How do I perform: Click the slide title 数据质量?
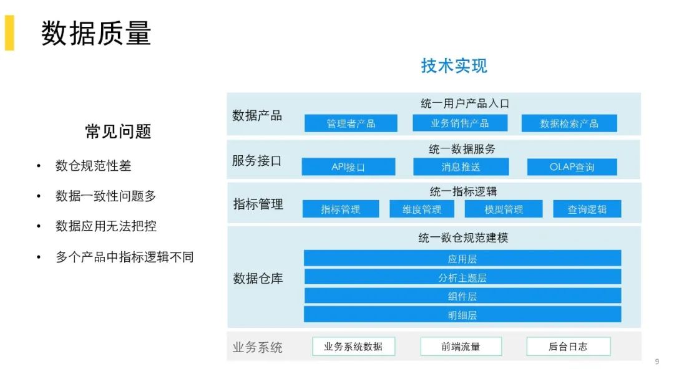(x=96, y=33)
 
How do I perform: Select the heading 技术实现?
(x=454, y=65)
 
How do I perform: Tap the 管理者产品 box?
(x=351, y=123)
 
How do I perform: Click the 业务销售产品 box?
(x=459, y=123)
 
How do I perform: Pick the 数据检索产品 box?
(x=569, y=123)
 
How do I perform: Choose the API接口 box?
(x=348, y=167)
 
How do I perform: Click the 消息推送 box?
(x=461, y=167)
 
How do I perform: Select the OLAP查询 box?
(x=572, y=167)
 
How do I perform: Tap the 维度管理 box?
(x=422, y=209)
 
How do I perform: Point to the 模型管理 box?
(x=504, y=209)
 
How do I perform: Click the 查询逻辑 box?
(x=587, y=209)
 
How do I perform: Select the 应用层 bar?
(x=462, y=259)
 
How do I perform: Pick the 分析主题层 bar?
(x=462, y=277)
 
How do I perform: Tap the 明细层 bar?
(x=462, y=315)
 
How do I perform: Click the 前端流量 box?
(x=461, y=347)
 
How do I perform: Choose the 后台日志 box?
(x=568, y=347)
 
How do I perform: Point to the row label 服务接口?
(x=257, y=160)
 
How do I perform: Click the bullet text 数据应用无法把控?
(x=106, y=226)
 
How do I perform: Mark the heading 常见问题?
(x=118, y=132)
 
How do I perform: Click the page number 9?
(x=657, y=362)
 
